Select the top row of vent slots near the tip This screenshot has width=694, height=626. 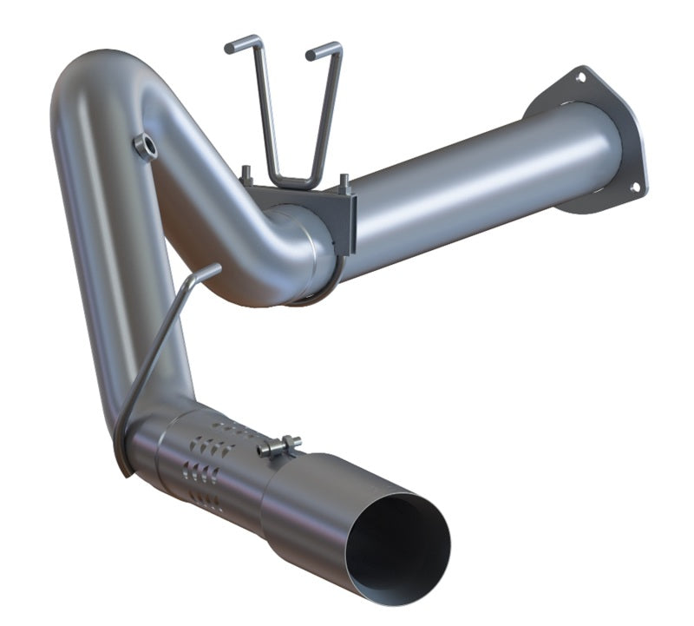click(228, 427)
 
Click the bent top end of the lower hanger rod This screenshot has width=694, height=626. click(205, 273)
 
